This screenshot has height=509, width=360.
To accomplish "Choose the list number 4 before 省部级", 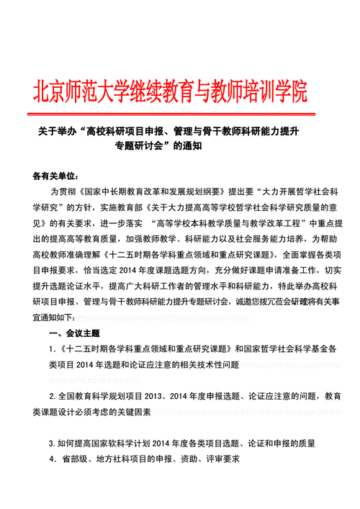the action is click(x=52, y=459).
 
